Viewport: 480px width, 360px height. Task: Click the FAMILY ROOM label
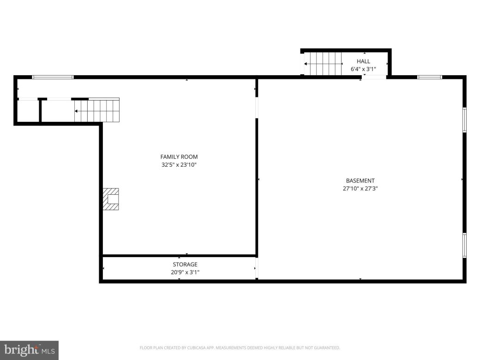click(x=179, y=157)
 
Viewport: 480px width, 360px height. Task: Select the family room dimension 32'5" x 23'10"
click(x=179, y=164)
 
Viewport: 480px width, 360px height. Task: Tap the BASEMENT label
click(x=360, y=181)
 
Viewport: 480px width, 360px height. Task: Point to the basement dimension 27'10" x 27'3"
click(x=360, y=188)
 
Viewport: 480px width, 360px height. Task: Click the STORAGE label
click(x=185, y=264)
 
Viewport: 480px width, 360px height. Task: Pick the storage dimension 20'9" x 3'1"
click(x=185, y=272)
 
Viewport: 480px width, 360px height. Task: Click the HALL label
click(x=363, y=61)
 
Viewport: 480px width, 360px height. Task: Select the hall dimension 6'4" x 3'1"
click(x=363, y=69)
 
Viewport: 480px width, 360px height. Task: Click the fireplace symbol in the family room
click(x=111, y=199)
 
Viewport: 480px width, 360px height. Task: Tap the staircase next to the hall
click(x=325, y=64)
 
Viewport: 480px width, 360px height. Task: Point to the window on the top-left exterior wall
click(x=53, y=77)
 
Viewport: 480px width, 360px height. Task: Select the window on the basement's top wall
click(x=429, y=77)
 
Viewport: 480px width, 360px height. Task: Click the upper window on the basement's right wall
click(x=464, y=120)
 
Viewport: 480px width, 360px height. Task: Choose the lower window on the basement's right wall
click(x=464, y=245)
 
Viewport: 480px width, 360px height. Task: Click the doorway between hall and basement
click(x=373, y=77)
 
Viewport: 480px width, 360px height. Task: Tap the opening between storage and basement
click(x=257, y=269)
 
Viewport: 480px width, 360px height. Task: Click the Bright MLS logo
click(x=29, y=350)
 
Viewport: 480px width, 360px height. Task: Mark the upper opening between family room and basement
click(x=257, y=108)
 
